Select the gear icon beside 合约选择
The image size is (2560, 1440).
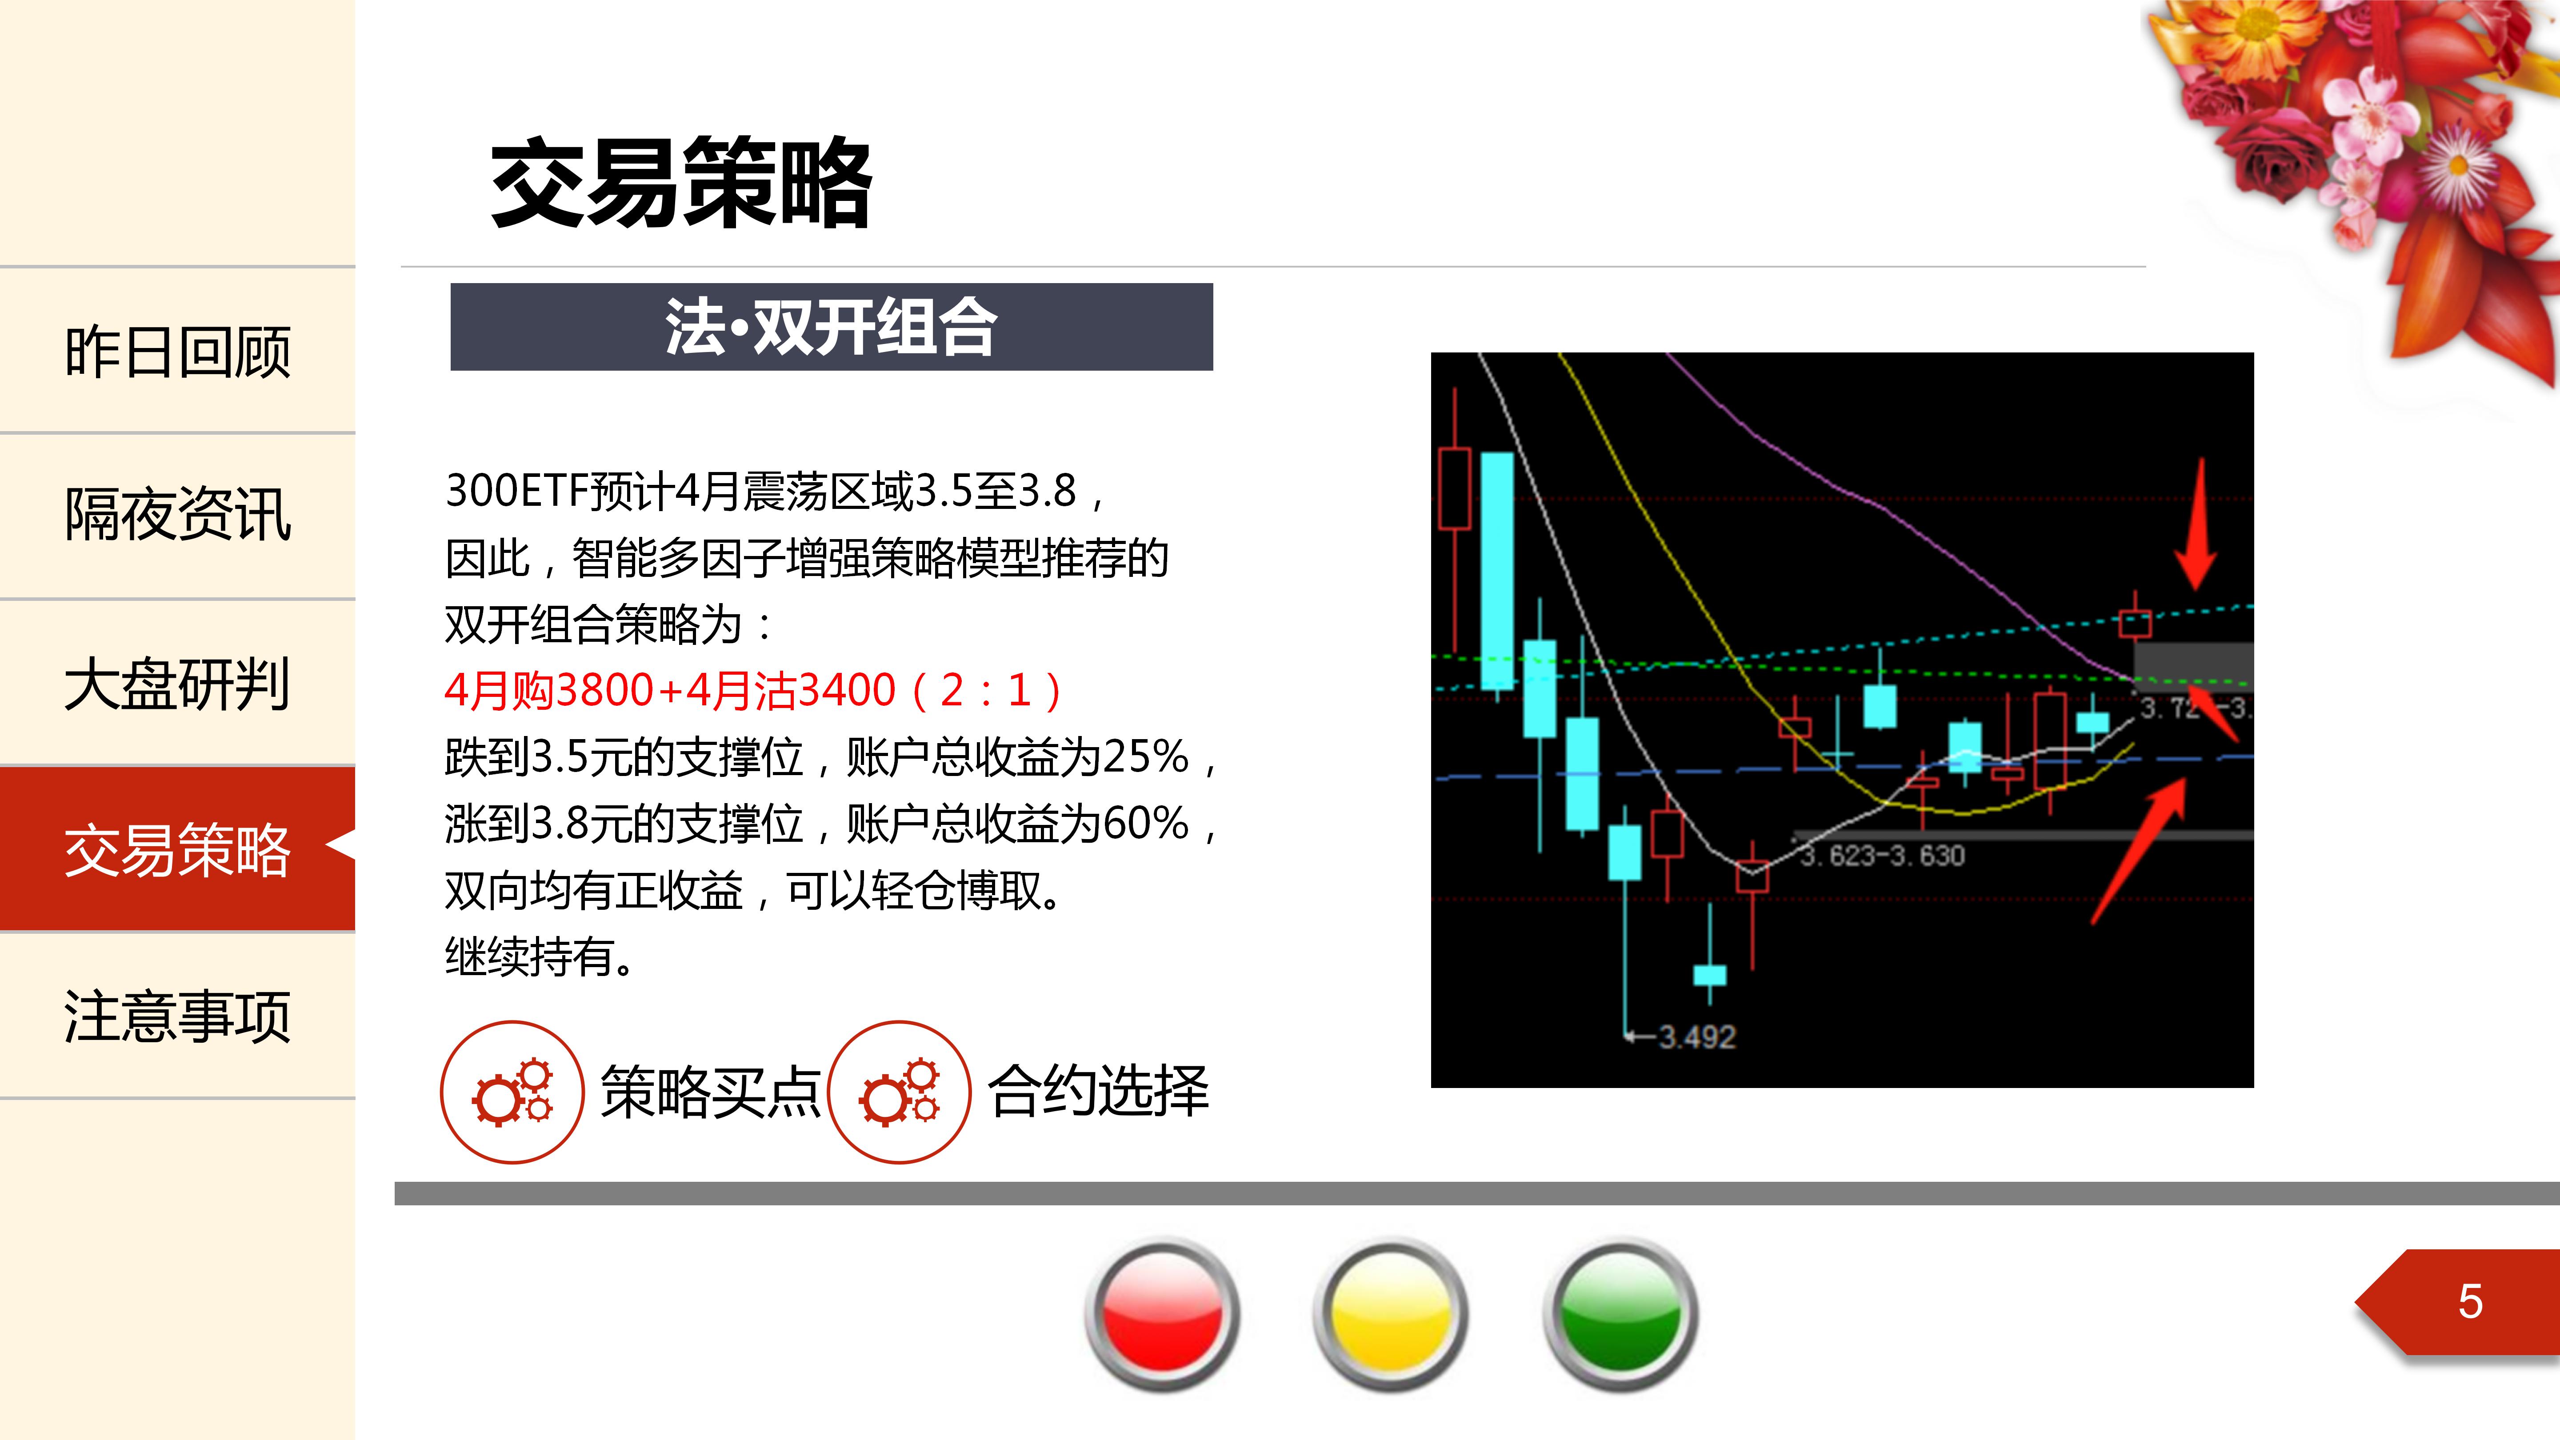pos(900,1092)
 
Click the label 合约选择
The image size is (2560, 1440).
pos(1098,1090)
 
